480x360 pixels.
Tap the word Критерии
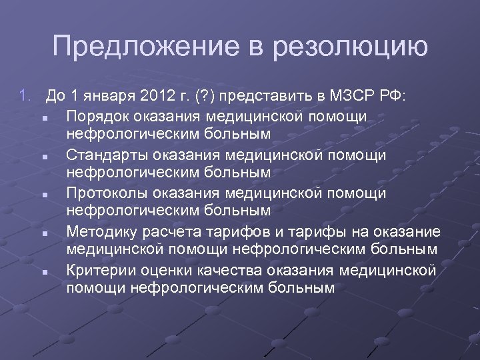98,271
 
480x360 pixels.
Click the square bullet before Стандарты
41,156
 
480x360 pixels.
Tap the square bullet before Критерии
41,272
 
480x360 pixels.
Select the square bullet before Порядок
41,117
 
